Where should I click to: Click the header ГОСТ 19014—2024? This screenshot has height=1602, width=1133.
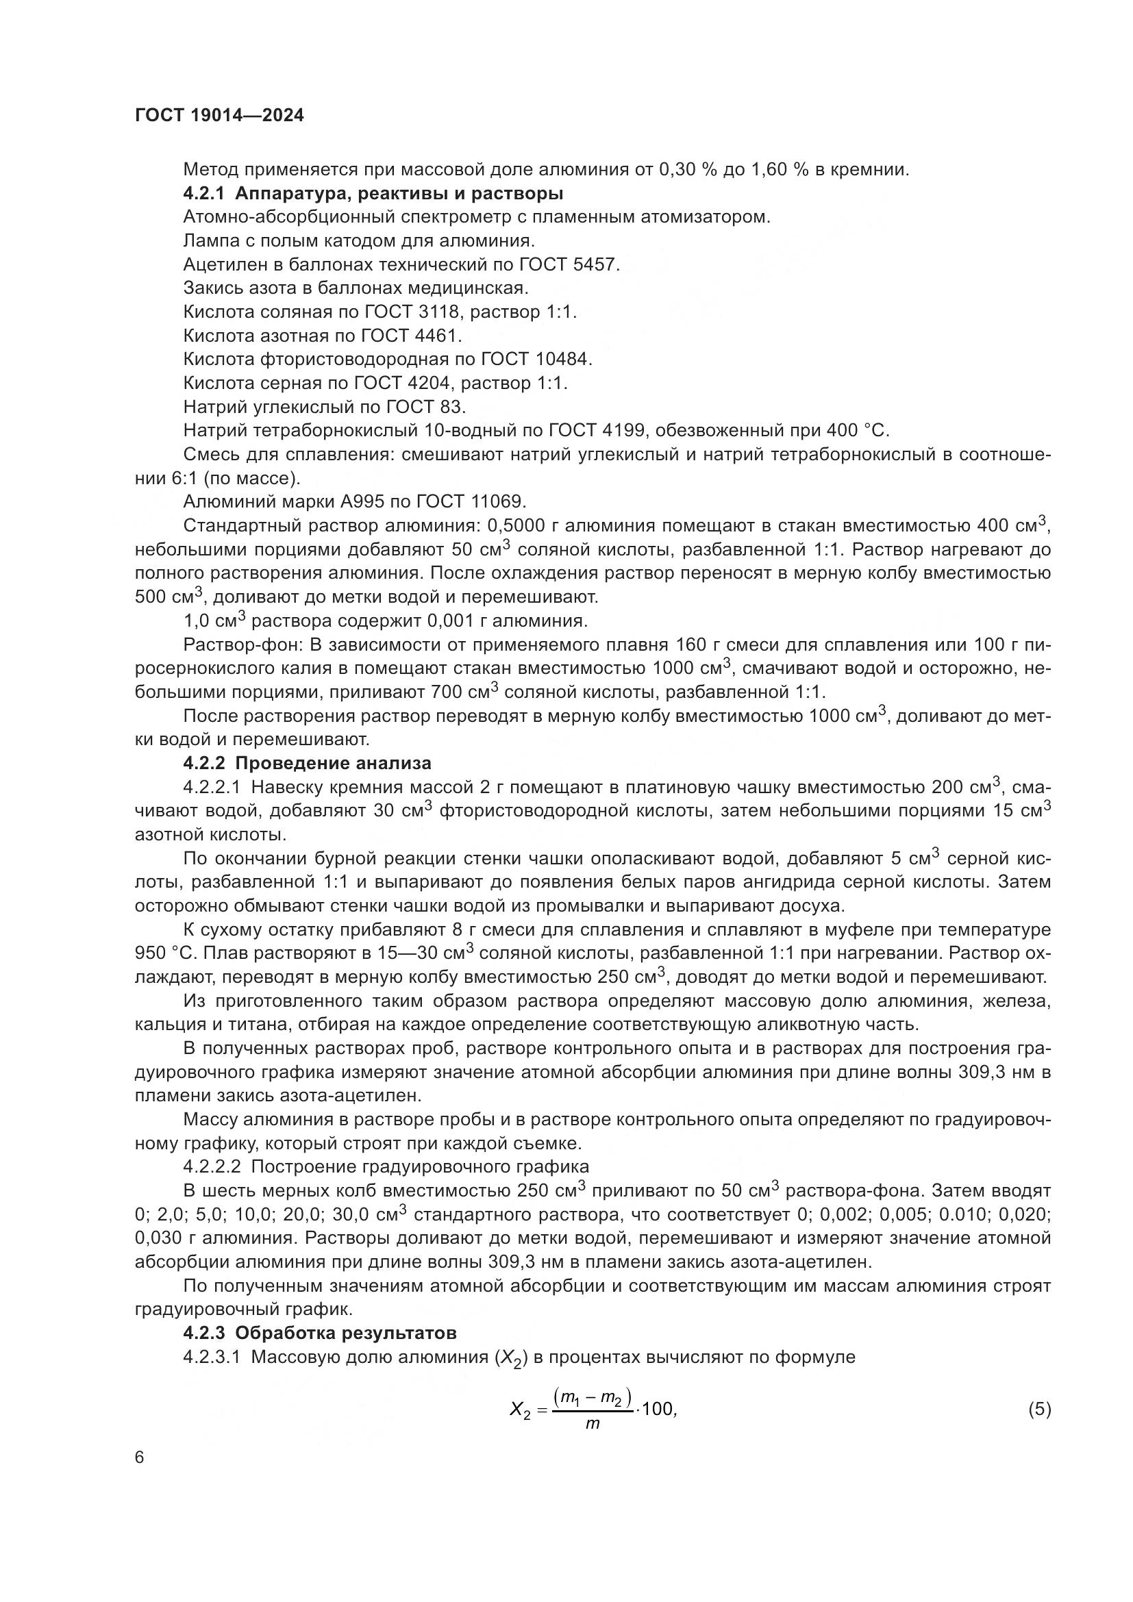tap(219, 116)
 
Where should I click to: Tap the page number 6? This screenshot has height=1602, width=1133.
tap(140, 1457)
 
